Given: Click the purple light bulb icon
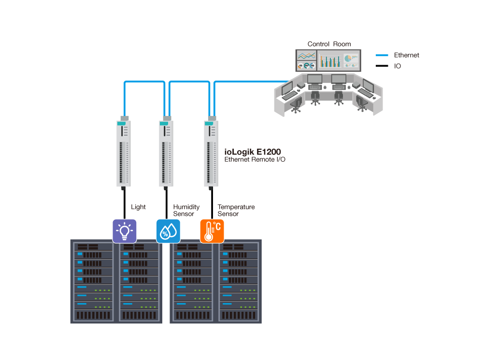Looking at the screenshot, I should [125, 231].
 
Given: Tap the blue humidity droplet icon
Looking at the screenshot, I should [168, 231].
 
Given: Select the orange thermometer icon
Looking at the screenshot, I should [212, 231].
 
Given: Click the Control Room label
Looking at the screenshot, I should [329, 44].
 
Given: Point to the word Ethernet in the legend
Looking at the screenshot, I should [406, 55].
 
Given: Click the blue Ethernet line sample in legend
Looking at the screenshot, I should [382, 55].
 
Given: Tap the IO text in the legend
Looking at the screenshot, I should [398, 66].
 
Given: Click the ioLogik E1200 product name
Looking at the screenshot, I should [253, 152].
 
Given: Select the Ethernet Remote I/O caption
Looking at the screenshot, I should [255, 159].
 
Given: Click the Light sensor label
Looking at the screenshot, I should [138, 207].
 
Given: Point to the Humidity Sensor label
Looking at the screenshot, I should [186, 210].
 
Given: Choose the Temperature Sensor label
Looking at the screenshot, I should [236, 210].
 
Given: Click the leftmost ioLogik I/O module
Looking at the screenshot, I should [124, 153].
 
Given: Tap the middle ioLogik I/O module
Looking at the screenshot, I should [166, 153].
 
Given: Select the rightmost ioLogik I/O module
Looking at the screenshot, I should [211, 153].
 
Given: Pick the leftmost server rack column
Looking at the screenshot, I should [93, 282].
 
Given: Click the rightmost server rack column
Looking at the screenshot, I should [240, 282].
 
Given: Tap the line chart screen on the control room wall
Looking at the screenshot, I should [306, 56].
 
